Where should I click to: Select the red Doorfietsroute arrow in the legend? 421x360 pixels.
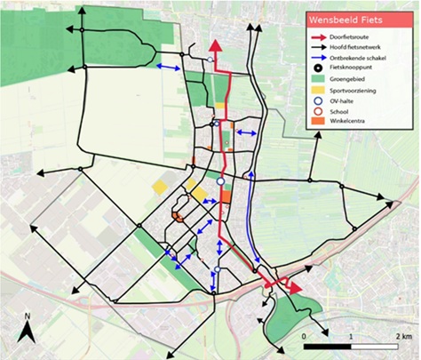(x=319, y=36)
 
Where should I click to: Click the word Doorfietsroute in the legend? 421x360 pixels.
(x=358, y=36)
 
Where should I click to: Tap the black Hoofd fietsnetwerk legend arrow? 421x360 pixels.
(x=319, y=50)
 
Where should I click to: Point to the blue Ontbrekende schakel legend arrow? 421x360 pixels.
(x=319, y=63)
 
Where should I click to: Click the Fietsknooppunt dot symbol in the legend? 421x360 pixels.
(x=319, y=76)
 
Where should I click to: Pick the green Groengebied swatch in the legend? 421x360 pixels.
(x=319, y=89)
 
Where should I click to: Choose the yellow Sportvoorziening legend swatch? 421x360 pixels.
(x=319, y=101)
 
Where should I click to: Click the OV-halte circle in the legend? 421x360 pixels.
(x=319, y=114)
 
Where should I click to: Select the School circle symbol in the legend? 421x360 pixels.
(x=319, y=126)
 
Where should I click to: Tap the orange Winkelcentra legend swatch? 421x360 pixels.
(x=319, y=139)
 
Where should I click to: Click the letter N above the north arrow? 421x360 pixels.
(x=28, y=316)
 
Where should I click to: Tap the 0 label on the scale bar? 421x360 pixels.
(x=305, y=337)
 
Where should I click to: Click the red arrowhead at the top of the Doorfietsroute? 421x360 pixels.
(x=213, y=46)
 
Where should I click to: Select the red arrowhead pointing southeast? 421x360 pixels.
(x=294, y=288)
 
